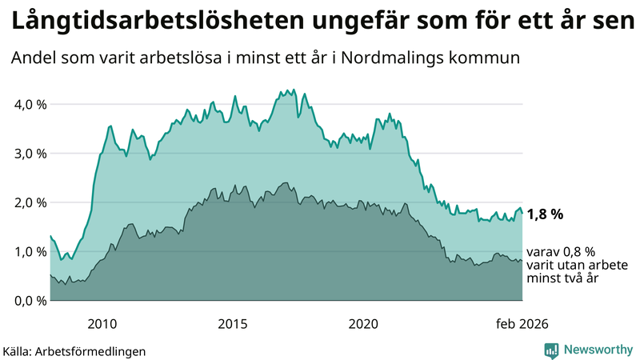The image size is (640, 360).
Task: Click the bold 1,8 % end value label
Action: click(546, 214)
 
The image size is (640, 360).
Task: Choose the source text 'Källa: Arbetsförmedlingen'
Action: click(74, 351)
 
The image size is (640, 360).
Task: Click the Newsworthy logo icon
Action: click(551, 350)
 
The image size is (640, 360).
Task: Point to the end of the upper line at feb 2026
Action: click(522, 213)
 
